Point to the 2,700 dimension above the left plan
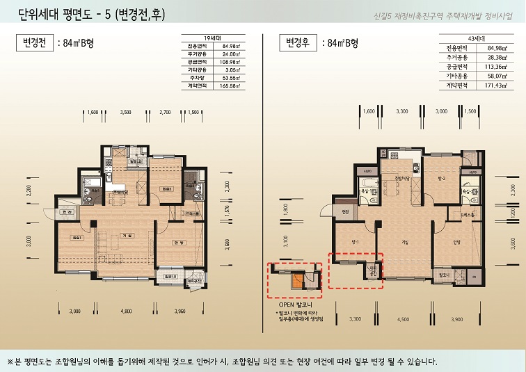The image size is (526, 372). click(x=166, y=111)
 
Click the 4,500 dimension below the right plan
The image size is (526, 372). click(x=403, y=320)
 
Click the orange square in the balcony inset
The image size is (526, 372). click(x=297, y=282)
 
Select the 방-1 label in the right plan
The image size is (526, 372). click(x=355, y=241)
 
